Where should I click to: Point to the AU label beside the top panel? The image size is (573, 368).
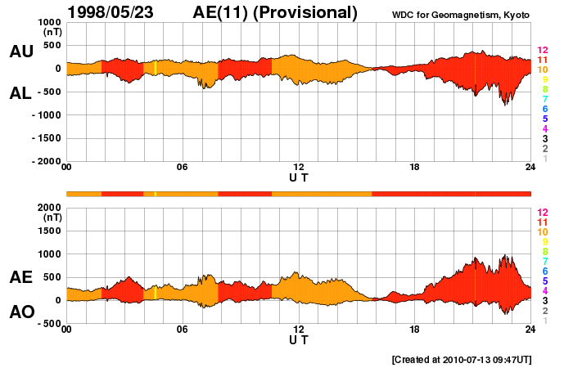point(21,52)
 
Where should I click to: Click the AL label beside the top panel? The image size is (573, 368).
point(21,93)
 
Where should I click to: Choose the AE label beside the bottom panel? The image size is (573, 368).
point(21,277)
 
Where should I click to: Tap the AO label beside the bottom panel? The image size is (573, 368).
point(21,312)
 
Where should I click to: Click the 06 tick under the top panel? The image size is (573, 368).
point(183,168)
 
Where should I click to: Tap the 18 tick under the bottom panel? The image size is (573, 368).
point(415,330)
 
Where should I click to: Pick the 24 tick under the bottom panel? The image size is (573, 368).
point(530,330)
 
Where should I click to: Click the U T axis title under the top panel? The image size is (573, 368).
point(299,177)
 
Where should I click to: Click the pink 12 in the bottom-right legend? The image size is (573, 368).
point(542,212)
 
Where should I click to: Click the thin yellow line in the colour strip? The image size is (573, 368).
point(155,193)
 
